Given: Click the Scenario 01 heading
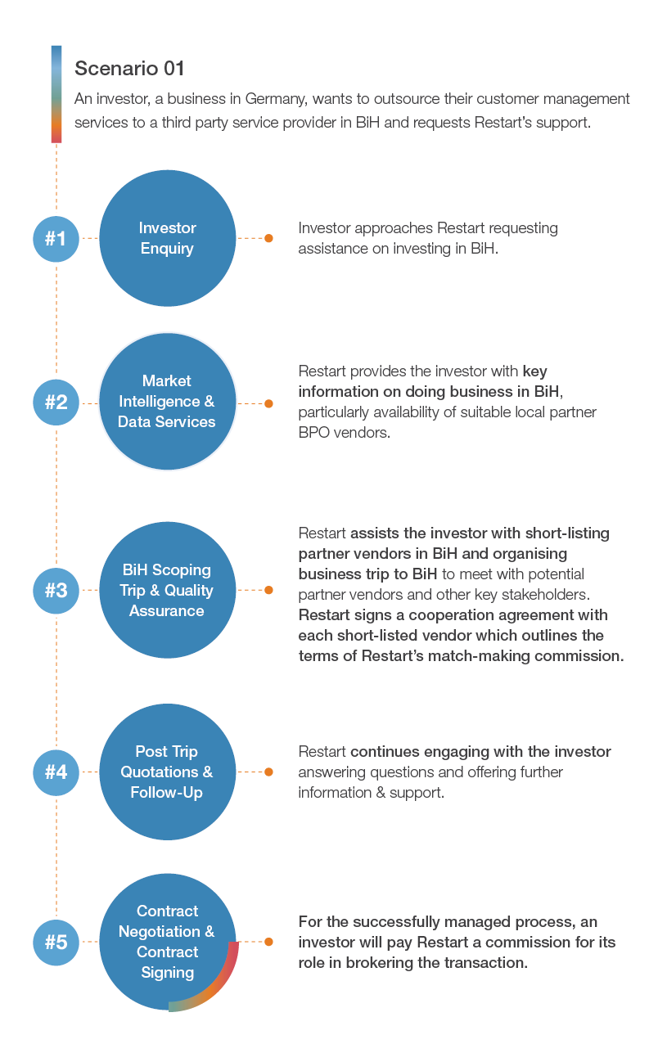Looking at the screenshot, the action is [x=129, y=68].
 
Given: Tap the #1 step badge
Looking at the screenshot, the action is [x=56, y=239].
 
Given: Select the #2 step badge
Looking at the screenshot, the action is [x=56, y=403].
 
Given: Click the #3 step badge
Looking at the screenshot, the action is [x=56, y=591].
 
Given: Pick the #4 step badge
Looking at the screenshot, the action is [x=56, y=772].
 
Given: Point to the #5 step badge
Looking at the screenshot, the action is [x=56, y=942].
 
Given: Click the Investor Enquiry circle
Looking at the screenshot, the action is [x=168, y=238].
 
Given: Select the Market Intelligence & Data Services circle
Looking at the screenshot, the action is [x=168, y=402].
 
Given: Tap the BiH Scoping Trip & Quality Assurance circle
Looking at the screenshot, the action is [x=168, y=590].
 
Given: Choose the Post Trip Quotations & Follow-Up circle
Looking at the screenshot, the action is [x=168, y=772].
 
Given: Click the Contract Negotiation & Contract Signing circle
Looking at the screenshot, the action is [x=168, y=942].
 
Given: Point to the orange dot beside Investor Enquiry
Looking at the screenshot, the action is [x=268, y=238].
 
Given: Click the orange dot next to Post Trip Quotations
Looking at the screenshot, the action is [x=268, y=772].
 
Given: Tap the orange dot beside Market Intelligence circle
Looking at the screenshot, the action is [x=268, y=403].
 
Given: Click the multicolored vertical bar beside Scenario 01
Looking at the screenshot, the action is [x=56, y=94].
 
